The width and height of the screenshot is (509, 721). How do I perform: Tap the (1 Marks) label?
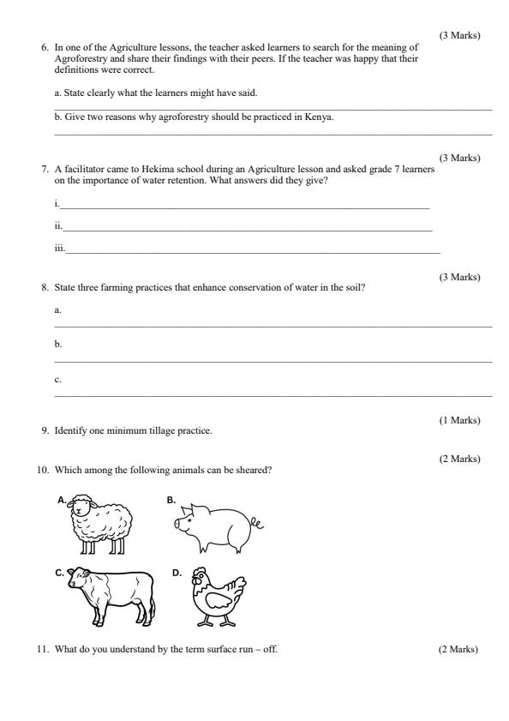click(459, 420)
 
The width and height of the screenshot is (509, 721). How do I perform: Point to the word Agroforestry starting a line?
click(78, 58)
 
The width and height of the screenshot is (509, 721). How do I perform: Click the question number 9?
click(45, 430)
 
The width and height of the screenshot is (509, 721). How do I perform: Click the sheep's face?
click(82, 508)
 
